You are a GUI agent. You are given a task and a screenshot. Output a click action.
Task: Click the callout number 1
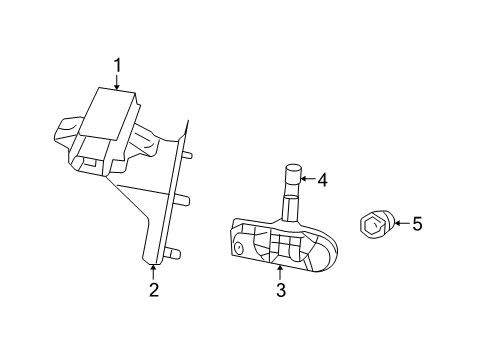[117, 67]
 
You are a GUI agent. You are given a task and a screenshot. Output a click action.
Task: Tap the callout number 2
[153, 290]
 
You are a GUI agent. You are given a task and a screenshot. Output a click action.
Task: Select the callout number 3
[281, 290]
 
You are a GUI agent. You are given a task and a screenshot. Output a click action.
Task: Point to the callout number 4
[323, 181]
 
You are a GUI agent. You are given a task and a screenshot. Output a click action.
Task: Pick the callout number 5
[417, 224]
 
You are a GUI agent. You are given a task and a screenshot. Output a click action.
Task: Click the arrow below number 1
[117, 83]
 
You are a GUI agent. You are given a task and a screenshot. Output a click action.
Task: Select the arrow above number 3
[281, 270]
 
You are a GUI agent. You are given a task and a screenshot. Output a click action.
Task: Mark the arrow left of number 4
[307, 181]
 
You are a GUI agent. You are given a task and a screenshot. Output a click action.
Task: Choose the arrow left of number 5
[400, 224]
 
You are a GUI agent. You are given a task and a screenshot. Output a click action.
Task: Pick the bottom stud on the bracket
[174, 252]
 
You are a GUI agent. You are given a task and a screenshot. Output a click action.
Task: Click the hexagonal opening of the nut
[371, 226]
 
